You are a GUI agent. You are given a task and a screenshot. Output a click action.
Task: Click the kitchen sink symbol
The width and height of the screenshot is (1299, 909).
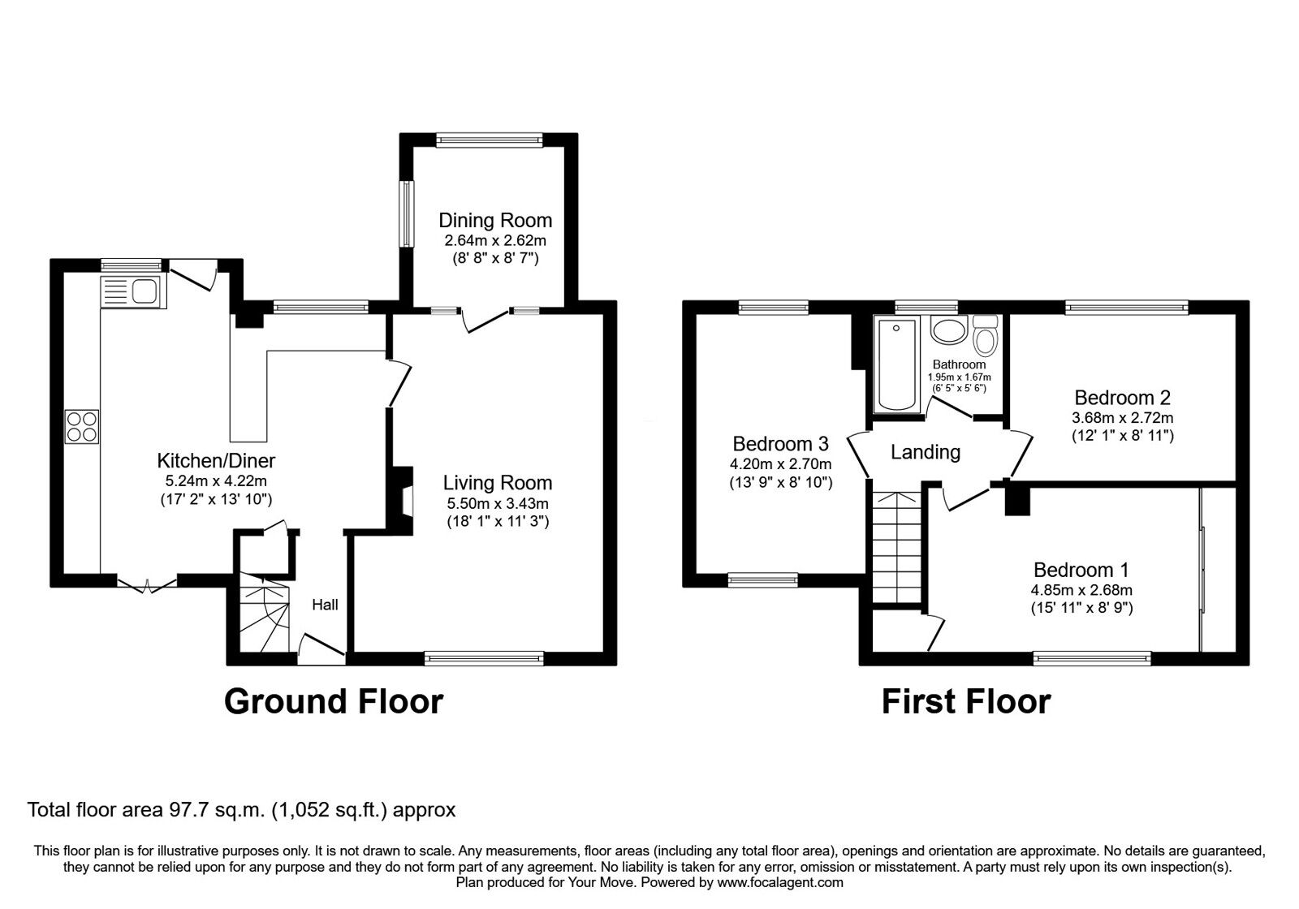pos(133,291)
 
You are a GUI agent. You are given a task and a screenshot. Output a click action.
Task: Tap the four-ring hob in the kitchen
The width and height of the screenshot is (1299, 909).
pos(82,427)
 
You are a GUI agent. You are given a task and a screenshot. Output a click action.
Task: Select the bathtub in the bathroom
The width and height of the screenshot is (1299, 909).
pos(896,364)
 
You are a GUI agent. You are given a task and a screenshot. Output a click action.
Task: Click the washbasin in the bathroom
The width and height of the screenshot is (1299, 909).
pos(949,330)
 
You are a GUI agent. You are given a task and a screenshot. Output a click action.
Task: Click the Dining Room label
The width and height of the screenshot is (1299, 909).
pos(495,220)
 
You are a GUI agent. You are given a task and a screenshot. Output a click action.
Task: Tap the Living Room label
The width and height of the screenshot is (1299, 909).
pos(498,483)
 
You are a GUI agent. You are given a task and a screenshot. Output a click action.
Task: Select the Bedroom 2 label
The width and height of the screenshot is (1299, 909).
pos(1122,398)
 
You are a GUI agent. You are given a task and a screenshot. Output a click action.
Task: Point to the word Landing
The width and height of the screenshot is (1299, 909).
pos(926,452)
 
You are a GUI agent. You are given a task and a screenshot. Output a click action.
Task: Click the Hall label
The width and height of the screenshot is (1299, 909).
pos(325,605)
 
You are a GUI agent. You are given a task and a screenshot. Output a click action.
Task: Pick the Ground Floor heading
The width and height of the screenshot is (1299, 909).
pos(334,701)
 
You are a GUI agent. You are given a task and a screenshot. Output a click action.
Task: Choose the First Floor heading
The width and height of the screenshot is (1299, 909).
pos(966,701)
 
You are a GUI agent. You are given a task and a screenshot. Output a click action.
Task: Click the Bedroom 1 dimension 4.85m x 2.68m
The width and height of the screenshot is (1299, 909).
pos(1081,590)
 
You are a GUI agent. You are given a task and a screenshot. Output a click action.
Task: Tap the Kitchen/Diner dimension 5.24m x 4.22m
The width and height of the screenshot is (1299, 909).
pos(216,480)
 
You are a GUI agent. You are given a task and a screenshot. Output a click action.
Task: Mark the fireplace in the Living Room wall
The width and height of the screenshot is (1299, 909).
pos(402,500)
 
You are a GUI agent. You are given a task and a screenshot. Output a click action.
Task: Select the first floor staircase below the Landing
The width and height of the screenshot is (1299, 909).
pos(896,548)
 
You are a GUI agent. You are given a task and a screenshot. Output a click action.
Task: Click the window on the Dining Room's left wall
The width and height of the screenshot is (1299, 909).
pos(408,214)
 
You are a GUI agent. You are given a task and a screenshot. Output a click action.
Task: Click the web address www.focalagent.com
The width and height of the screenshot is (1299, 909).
pos(780,883)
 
